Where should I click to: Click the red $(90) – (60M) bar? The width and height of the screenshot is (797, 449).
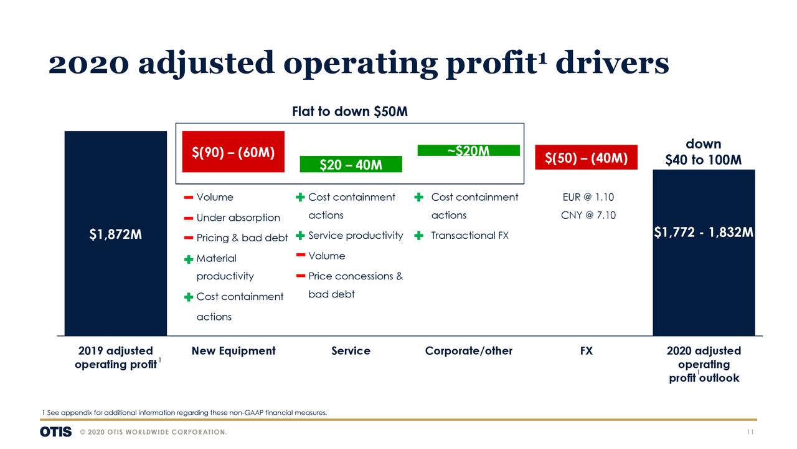(233, 152)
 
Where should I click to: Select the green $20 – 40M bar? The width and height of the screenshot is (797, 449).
(351, 164)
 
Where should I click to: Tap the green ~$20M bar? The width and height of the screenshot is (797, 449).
(468, 150)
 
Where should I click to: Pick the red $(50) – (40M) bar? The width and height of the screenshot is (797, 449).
(586, 157)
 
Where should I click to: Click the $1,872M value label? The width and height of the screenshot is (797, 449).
(115, 234)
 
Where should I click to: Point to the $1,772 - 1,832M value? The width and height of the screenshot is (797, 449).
(704, 232)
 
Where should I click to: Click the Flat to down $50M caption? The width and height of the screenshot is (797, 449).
(350, 112)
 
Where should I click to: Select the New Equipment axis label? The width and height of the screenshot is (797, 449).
(233, 351)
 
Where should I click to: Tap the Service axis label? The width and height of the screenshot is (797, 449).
(351, 351)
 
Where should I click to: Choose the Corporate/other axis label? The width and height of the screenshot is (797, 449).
(468, 351)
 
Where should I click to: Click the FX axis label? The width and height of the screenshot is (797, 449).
(586, 351)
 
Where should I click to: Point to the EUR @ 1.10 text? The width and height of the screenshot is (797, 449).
(588, 197)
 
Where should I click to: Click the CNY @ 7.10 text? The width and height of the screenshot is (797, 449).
(588, 215)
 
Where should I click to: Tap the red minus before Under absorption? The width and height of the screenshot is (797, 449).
(188, 218)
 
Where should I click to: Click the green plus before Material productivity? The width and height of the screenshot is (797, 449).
(188, 259)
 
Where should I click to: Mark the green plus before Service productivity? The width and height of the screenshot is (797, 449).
(299, 236)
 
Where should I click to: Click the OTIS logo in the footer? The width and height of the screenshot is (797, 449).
(55, 432)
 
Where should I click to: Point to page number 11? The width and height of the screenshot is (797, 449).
(751, 432)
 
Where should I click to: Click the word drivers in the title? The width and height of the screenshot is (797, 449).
(611, 63)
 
